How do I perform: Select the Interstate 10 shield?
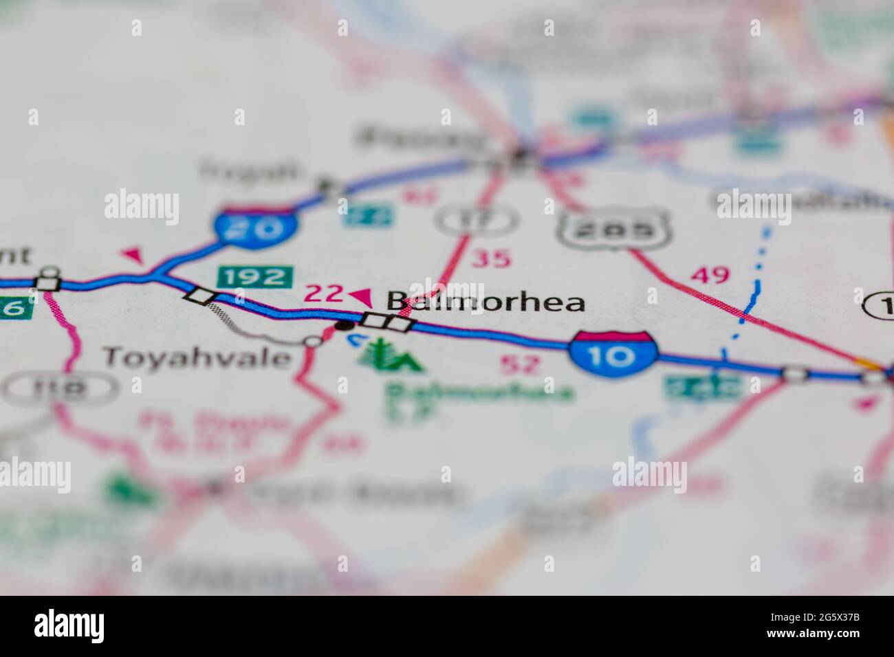pos(611,353)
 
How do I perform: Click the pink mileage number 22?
pos(323,294)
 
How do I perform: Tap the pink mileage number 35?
pos(492,259)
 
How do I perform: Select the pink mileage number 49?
pos(710,276)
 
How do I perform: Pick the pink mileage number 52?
pos(521,364)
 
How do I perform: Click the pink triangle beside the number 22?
pos(360,297)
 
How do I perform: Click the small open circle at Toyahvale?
pos(313,341)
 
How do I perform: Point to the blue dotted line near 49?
pos(754,289)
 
